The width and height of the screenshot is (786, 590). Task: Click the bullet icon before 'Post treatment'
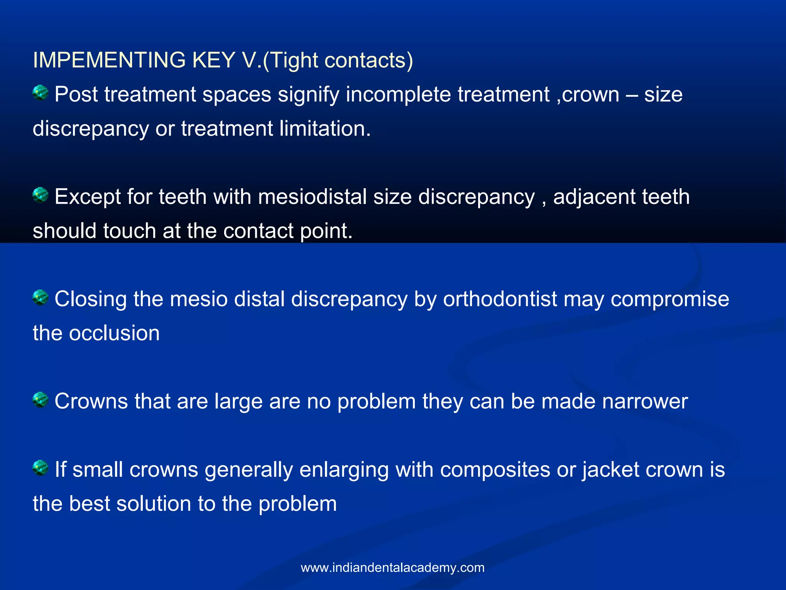(40, 93)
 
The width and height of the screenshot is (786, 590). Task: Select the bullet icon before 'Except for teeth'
(40, 195)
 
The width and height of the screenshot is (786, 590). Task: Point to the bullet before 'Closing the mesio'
(40, 297)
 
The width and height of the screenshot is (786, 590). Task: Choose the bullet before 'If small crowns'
(40, 468)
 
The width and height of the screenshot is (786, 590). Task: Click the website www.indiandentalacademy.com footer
(393, 567)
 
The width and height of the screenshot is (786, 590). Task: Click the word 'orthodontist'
(500, 299)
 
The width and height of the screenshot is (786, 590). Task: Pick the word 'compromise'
(670, 299)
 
